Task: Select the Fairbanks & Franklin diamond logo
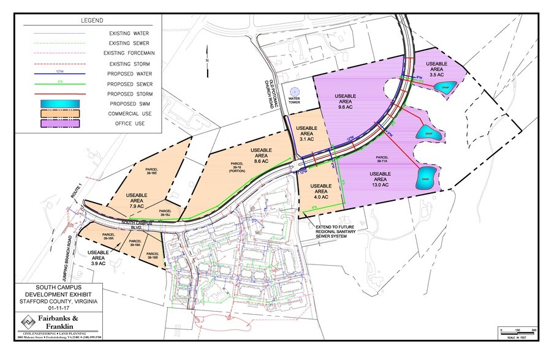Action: click(26, 322)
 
